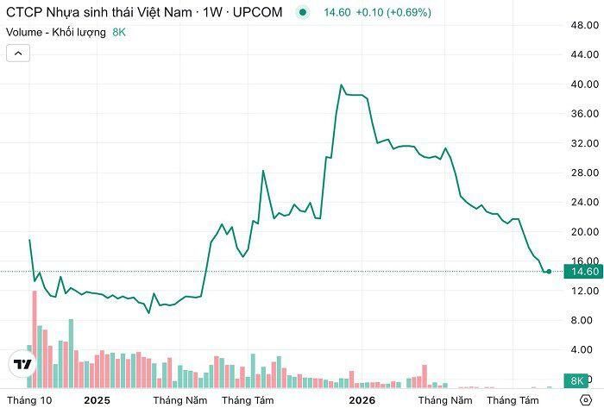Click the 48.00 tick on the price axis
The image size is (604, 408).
[x=584, y=25]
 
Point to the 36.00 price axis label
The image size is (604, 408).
[x=584, y=114]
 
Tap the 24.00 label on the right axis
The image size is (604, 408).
[x=584, y=202]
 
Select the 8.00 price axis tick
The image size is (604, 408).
[x=582, y=320]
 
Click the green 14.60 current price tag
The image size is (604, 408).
[x=583, y=272]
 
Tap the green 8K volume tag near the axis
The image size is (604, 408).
[x=576, y=380]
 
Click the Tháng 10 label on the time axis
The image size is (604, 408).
[x=29, y=400]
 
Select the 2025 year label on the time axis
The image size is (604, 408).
[x=97, y=400]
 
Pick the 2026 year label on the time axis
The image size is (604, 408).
[x=362, y=400]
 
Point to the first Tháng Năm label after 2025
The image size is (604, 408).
[x=179, y=400]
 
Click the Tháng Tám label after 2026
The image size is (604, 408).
[x=513, y=400]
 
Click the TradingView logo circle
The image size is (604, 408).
[x=22, y=364]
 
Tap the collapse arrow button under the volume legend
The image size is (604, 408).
[x=18, y=53]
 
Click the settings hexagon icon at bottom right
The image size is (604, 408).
[x=586, y=400]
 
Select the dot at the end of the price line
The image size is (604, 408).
[x=549, y=272]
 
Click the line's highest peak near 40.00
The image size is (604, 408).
[x=341, y=85]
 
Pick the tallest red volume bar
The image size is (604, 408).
[x=35, y=339]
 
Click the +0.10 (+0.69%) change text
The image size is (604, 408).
[x=393, y=12]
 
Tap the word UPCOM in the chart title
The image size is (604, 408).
[x=257, y=12]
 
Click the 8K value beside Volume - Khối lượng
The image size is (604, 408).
[x=119, y=32]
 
